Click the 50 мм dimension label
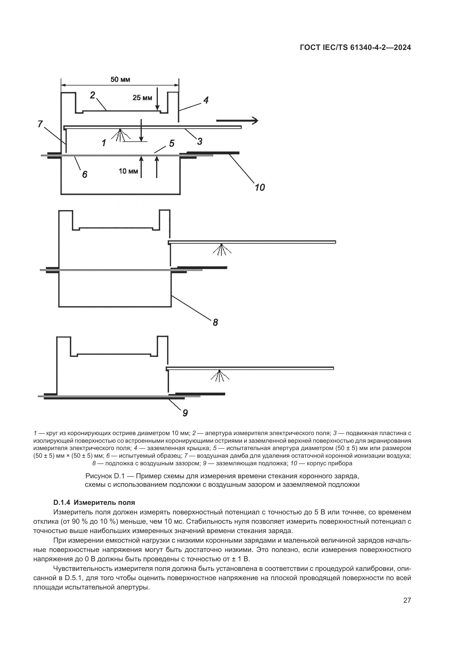click(x=120, y=80)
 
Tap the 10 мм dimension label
click(x=128, y=172)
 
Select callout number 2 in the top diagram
click(x=92, y=95)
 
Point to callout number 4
click(x=206, y=100)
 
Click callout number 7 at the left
click(x=40, y=124)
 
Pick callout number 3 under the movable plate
click(x=200, y=141)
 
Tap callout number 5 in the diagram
click(x=172, y=143)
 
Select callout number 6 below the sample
click(x=84, y=174)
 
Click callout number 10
click(x=260, y=187)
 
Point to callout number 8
click(x=215, y=322)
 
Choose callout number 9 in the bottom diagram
click(x=185, y=413)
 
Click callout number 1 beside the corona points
click(x=104, y=142)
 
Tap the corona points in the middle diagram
click(x=221, y=249)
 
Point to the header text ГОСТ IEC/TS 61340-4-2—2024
click(x=355, y=48)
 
